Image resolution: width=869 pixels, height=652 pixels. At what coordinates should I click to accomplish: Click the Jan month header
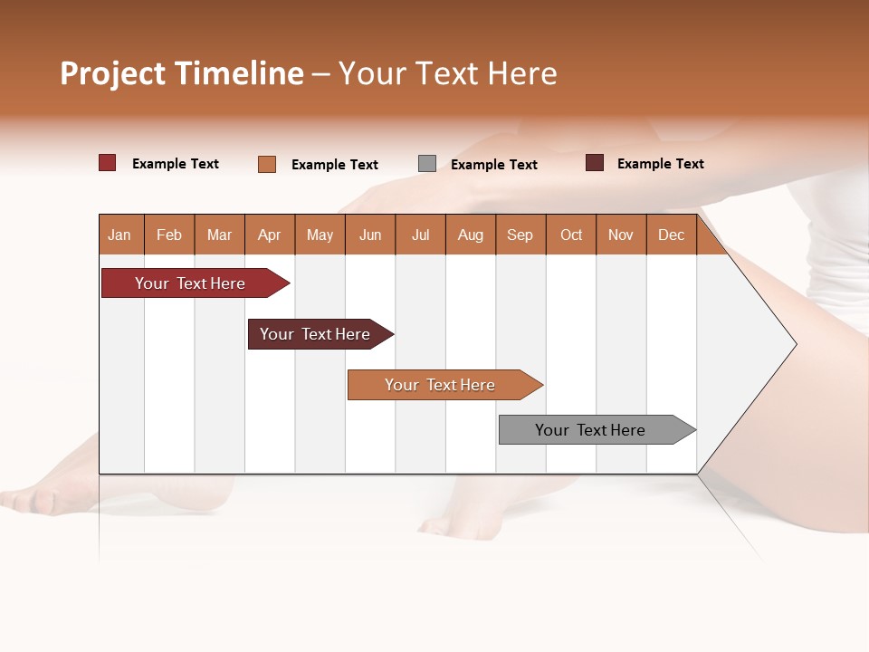click(120, 235)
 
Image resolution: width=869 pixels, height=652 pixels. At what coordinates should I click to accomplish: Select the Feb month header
click(169, 235)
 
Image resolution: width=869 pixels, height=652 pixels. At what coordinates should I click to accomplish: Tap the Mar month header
click(219, 235)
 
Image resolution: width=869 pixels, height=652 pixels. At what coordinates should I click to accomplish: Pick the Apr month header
click(270, 235)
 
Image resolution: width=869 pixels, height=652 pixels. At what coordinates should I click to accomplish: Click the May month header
click(320, 235)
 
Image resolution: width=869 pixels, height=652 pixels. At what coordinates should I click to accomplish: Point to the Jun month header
click(370, 235)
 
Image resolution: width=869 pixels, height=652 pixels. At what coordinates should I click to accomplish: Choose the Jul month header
click(420, 235)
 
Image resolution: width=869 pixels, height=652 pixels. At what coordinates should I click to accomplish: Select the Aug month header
click(471, 235)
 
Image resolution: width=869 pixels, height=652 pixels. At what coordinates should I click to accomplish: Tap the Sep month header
click(520, 235)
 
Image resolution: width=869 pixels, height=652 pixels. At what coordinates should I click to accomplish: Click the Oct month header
click(571, 235)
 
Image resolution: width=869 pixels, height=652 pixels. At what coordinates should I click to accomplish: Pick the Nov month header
click(621, 235)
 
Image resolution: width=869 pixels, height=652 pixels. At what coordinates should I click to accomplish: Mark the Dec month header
click(672, 235)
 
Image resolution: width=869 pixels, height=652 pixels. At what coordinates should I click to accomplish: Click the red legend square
click(108, 163)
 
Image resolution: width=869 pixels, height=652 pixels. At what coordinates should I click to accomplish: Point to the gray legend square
click(427, 164)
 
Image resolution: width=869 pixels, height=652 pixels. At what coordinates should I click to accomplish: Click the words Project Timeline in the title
click(182, 73)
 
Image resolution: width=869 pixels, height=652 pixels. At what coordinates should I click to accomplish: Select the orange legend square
click(267, 164)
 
